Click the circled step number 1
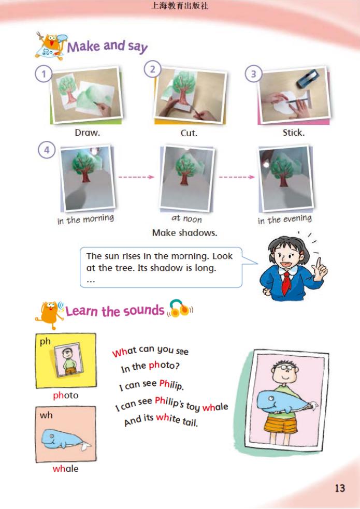point(44,75)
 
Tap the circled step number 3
point(253,75)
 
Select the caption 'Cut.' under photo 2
point(189,133)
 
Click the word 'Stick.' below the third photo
point(294,133)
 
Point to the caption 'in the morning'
point(85,219)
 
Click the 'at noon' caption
point(186,219)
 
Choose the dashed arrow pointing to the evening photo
point(237,177)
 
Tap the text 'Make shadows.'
point(184,232)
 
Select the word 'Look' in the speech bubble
point(223,256)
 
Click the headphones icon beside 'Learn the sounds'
point(180,308)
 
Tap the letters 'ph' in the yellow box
point(45,342)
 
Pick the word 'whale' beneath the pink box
point(66,469)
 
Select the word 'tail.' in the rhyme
point(190,421)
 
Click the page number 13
point(340,488)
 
